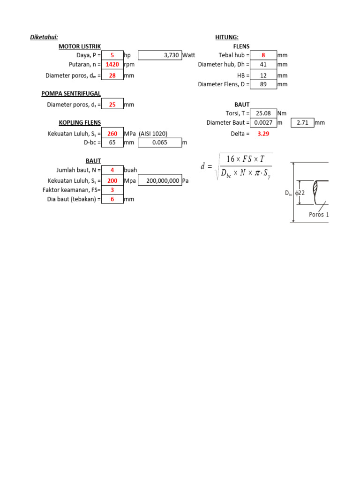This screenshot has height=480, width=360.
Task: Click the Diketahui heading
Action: (x=44, y=37)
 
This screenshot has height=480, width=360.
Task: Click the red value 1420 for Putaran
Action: (x=112, y=65)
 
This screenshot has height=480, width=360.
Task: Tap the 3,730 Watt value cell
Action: (x=160, y=55)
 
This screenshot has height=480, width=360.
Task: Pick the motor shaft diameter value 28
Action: (x=112, y=75)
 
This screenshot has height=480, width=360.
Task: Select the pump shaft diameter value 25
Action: (x=112, y=105)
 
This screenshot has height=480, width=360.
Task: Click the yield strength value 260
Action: (x=112, y=134)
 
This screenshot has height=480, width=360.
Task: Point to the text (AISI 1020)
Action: (x=153, y=134)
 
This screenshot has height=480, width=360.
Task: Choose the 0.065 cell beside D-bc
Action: (x=160, y=142)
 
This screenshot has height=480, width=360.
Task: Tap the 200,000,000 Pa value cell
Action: (x=160, y=180)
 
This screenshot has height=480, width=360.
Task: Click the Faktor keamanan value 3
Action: (x=112, y=190)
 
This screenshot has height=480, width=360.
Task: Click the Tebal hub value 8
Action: (x=263, y=55)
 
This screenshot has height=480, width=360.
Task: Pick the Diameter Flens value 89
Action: (x=263, y=84)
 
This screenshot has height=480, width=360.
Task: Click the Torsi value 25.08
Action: (x=263, y=113)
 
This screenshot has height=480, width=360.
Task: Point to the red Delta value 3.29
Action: (x=263, y=134)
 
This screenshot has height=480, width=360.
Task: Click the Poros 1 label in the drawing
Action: (x=319, y=215)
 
